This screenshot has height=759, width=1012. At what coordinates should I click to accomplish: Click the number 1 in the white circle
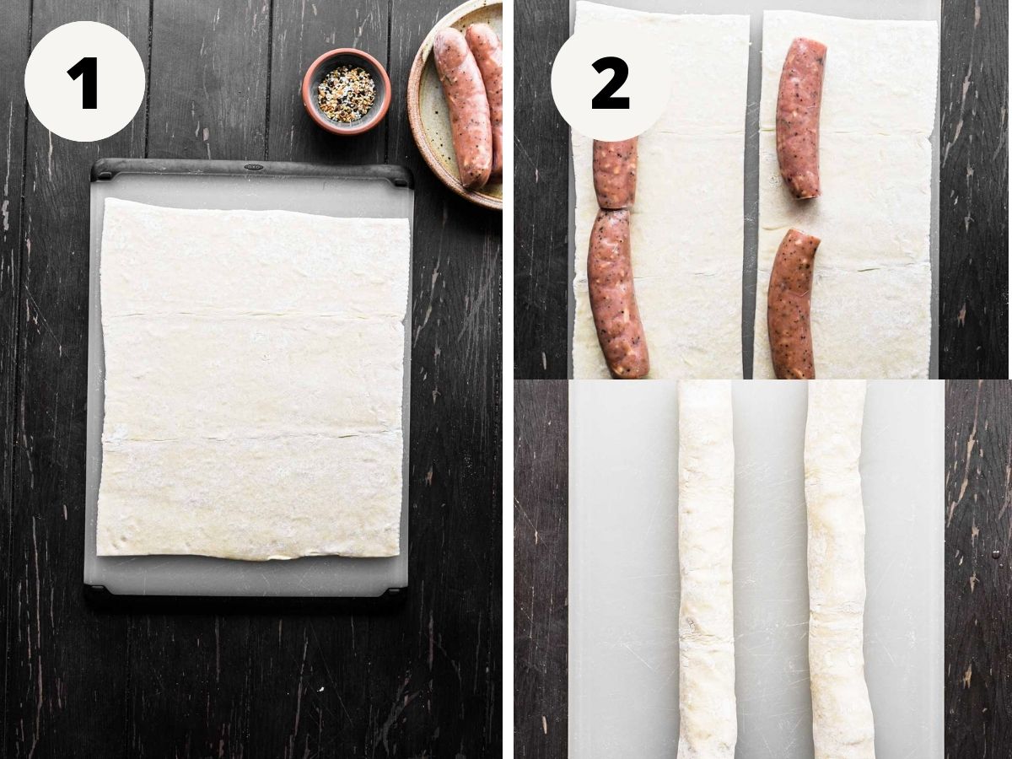click(x=83, y=83)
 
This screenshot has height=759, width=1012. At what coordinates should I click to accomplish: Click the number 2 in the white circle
click(x=611, y=83)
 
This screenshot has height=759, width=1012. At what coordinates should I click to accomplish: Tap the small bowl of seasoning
click(x=347, y=91)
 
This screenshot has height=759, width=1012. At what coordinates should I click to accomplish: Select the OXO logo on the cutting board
click(x=253, y=166)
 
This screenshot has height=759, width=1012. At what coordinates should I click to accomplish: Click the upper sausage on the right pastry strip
click(x=800, y=118)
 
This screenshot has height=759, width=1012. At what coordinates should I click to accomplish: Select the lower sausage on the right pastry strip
click(x=791, y=305)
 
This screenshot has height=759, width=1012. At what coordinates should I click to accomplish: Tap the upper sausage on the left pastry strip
click(x=615, y=172)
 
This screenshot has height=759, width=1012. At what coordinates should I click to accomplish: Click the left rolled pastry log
click(x=704, y=569)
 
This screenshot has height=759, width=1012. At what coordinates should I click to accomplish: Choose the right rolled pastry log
click(x=837, y=569)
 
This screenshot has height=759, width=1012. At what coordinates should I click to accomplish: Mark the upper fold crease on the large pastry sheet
click(x=253, y=315)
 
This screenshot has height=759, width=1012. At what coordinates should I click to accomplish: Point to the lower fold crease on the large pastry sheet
click(x=251, y=438)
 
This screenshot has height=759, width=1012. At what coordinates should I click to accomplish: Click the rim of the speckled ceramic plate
click(x=417, y=138)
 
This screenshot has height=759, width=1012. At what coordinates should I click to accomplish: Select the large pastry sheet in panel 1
click(x=253, y=378)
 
